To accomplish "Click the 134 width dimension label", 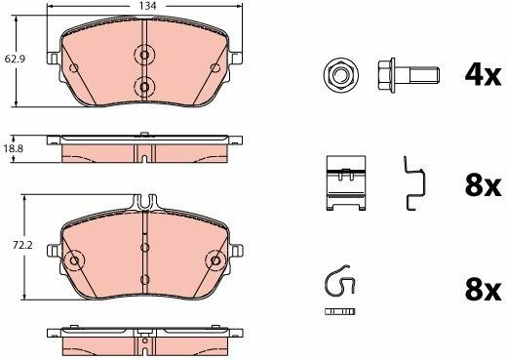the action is [148, 6].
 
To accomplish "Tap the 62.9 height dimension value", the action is [15, 59].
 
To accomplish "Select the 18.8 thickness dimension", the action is [14, 149].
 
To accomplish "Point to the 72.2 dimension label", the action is [22, 245].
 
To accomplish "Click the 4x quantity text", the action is [483, 76].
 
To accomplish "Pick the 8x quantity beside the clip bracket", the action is [483, 186].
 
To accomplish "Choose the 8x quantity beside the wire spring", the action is [483, 291].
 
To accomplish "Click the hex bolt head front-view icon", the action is [340, 75].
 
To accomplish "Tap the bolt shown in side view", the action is [409, 75].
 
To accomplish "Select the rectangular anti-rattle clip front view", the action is [346, 182].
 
